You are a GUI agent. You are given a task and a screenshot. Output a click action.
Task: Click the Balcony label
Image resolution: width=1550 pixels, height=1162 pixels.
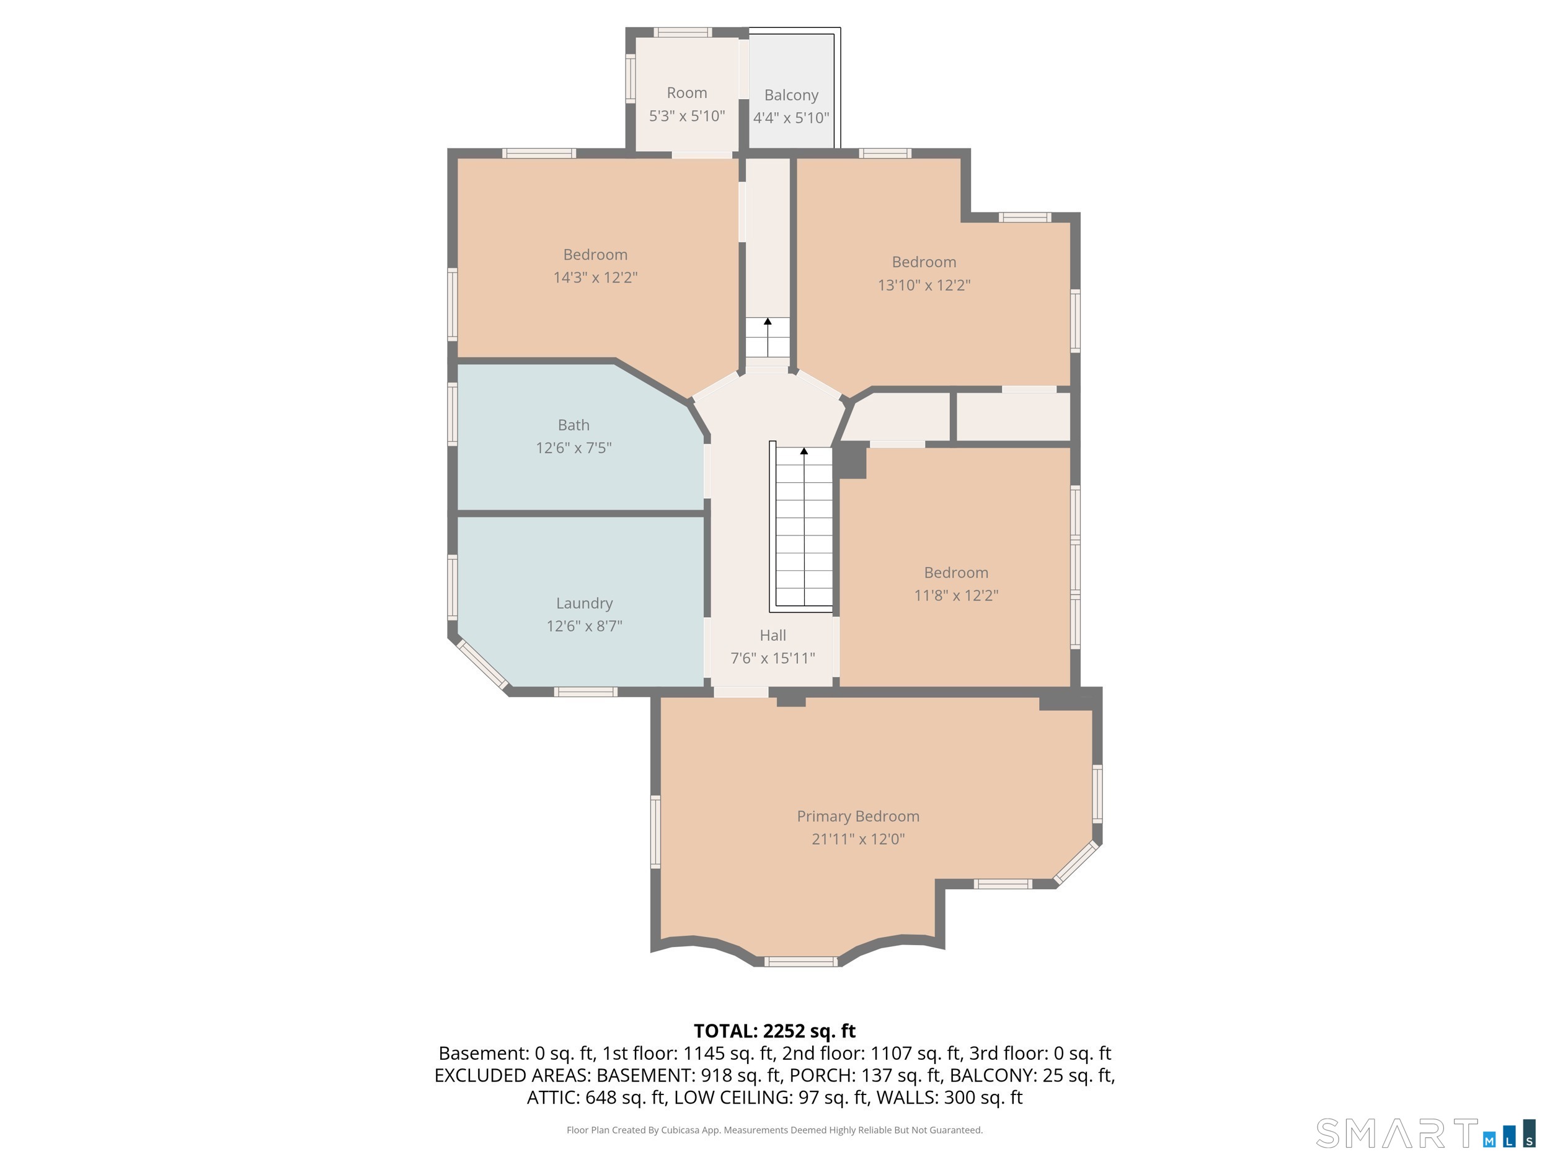click(x=791, y=95)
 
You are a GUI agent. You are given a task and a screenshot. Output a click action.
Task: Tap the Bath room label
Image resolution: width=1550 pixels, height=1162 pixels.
click(x=573, y=425)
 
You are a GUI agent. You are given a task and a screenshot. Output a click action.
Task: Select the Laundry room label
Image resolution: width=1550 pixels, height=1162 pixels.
click(x=585, y=603)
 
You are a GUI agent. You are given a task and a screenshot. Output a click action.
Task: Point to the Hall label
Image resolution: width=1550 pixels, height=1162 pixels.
click(x=773, y=635)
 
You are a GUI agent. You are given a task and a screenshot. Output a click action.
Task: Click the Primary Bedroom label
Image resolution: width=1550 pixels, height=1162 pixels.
click(x=857, y=816)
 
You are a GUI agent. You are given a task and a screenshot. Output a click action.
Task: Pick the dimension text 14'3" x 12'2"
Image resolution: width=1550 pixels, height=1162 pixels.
click(x=595, y=278)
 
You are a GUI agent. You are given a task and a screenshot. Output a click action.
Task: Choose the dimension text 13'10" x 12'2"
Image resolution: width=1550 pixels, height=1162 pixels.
click(x=924, y=285)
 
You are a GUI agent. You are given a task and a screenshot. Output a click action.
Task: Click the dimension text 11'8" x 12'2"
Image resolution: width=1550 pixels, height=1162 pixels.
click(x=956, y=596)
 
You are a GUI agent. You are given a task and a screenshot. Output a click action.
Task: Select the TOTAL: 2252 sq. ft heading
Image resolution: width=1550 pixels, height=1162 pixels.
click(x=774, y=1031)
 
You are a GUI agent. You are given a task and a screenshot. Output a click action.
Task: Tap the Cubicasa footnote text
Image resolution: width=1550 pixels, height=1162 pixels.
click(x=774, y=1130)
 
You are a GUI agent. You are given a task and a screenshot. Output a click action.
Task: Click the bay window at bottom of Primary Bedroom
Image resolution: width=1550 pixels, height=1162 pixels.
click(x=800, y=962)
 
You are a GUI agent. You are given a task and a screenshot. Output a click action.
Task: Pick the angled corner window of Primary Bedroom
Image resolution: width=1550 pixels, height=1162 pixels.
click(x=1076, y=862)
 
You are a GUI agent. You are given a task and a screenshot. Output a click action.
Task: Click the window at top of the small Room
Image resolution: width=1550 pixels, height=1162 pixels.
click(x=683, y=32)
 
